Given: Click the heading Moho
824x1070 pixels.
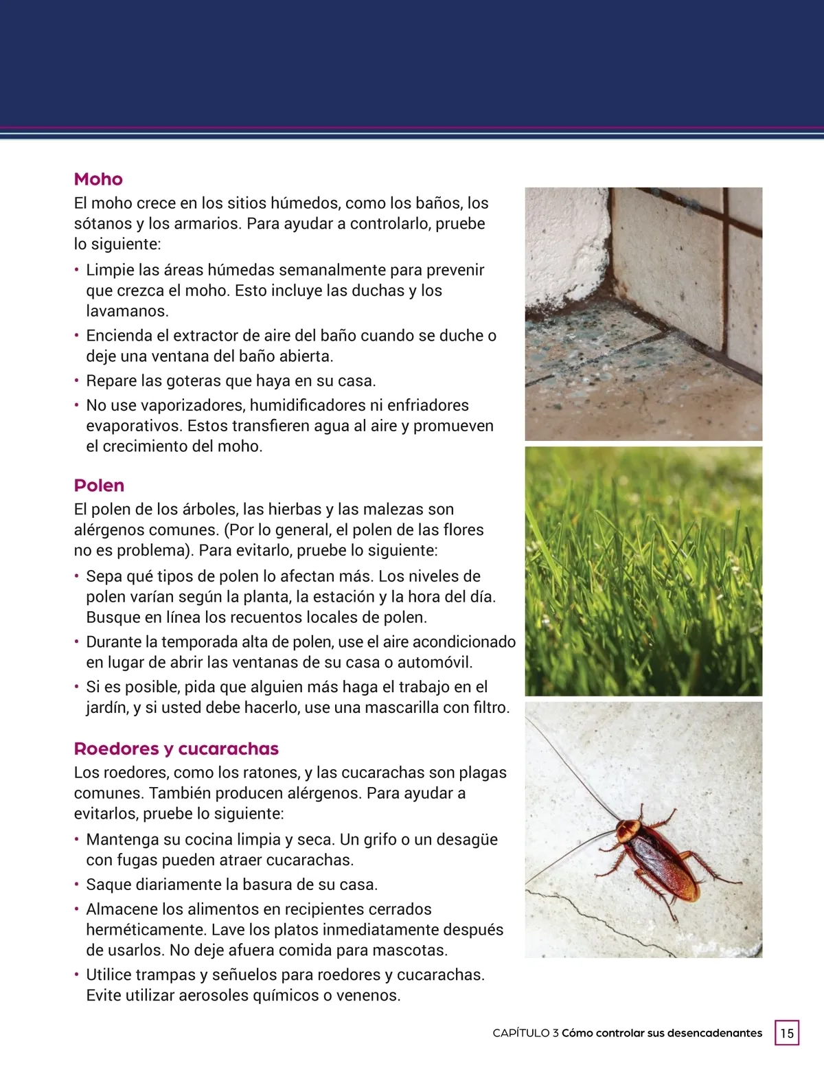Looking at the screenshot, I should tap(98, 179).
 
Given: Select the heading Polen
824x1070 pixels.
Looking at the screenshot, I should tap(99, 486).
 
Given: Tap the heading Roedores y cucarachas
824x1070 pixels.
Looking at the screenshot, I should tap(176, 749).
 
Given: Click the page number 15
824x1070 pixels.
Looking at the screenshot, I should tap(787, 1033).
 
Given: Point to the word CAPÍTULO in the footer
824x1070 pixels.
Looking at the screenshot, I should tap(520, 1033).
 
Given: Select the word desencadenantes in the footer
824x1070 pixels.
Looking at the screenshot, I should tap(714, 1033).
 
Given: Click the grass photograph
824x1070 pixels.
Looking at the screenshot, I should tap(643, 571).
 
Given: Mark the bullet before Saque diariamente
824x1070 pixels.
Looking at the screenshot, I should tap(77, 884).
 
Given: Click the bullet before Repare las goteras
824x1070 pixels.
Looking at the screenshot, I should tap(77, 380).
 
